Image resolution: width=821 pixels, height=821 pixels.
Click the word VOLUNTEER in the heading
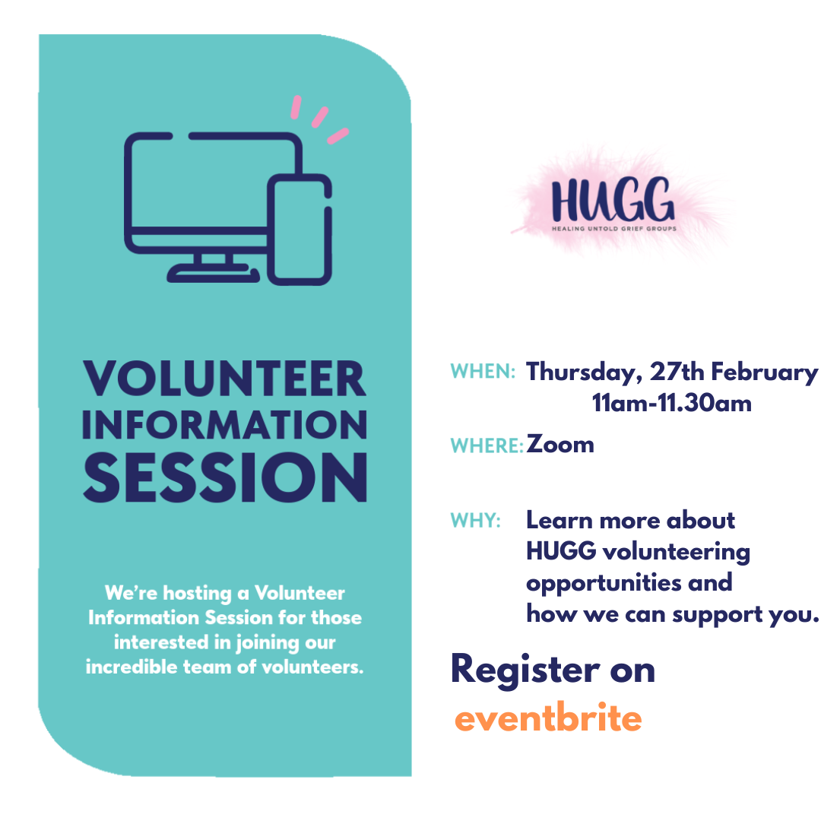[x=224, y=378]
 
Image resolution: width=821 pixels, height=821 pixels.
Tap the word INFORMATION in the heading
[x=224, y=424]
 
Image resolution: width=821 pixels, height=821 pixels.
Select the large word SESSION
[x=225, y=477]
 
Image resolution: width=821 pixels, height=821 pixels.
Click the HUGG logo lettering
[x=613, y=199]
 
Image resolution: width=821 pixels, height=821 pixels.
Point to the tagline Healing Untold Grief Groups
[x=613, y=228]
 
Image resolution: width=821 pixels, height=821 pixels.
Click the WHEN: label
[x=483, y=371]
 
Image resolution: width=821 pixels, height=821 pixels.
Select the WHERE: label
[x=487, y=445]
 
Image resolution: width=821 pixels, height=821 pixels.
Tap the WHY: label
[x=475, y=521]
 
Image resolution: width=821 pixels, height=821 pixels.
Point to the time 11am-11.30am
[x=672, y=403]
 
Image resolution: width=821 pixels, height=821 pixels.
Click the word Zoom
[x=560, y=445]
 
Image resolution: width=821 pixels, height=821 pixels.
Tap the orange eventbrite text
[x=548, y=717]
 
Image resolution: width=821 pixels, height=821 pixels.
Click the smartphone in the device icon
[x=300, y=230]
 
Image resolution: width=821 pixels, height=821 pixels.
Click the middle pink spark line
[x=320, y=117]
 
